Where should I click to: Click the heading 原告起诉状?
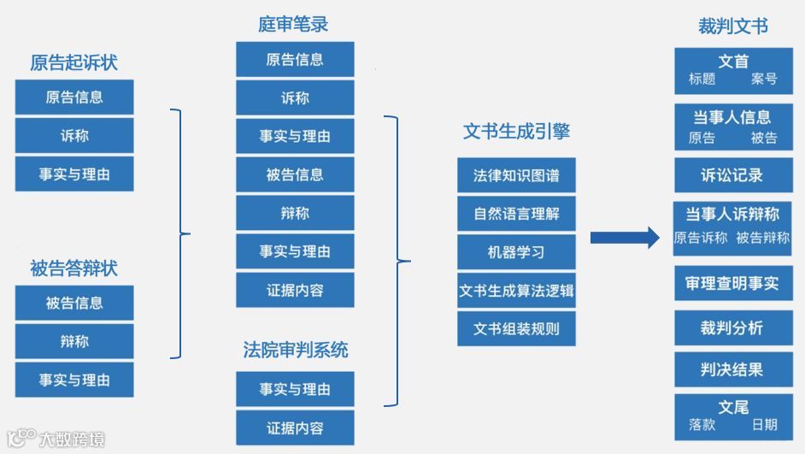73,62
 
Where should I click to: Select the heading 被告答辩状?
73,268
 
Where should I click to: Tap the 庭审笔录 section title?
293,24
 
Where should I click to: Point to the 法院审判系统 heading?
295,350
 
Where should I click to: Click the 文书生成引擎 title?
516,131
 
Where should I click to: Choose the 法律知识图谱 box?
516,175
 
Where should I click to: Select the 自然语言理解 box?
516,214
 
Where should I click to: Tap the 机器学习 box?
516,252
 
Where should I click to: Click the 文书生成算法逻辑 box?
516,291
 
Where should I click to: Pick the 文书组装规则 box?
516,328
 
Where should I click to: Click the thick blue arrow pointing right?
625,238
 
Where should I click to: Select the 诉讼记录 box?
732,175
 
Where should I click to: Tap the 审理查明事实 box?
732,283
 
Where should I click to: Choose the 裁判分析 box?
732,327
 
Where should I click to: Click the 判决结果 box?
732,369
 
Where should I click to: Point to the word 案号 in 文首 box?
764,79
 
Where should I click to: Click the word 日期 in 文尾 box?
764,424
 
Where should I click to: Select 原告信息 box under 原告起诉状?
74,97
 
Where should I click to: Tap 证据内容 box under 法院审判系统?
295,427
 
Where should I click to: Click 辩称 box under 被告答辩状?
74,341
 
